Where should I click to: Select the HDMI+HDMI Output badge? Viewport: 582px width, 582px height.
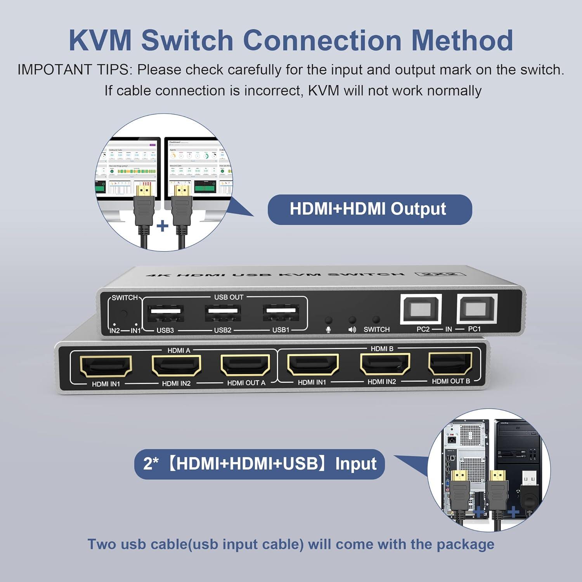point(369,209)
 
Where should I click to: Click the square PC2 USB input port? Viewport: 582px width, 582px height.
point(421,309)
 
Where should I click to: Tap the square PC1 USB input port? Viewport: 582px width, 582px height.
point(477,308)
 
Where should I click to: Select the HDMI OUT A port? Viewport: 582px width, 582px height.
point(246,365)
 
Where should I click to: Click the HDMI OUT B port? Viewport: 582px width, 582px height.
point(450,364)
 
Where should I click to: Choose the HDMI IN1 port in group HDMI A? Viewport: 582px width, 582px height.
point(106,367)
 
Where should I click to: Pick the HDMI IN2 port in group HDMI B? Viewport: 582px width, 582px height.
point(385,364)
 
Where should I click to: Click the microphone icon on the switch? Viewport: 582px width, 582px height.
point(328,330)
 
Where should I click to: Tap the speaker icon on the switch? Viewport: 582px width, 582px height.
point(352,330)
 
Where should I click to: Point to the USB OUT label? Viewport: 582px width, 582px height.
point(229,297)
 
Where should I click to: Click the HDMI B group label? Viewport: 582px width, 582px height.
point(382,349)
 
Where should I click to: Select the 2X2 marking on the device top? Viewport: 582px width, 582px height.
point(440,274)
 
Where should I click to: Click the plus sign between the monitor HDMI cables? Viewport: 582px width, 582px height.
point(163,226)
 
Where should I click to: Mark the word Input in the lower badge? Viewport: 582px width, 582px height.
point(355,464)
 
